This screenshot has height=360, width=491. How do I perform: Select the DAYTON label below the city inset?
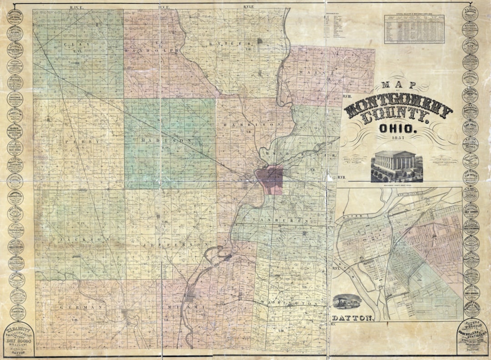(x=353, y=317)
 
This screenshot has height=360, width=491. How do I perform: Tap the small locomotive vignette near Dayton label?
(x=347, y=301)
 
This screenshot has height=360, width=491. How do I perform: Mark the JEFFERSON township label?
(x=175, y=245)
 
